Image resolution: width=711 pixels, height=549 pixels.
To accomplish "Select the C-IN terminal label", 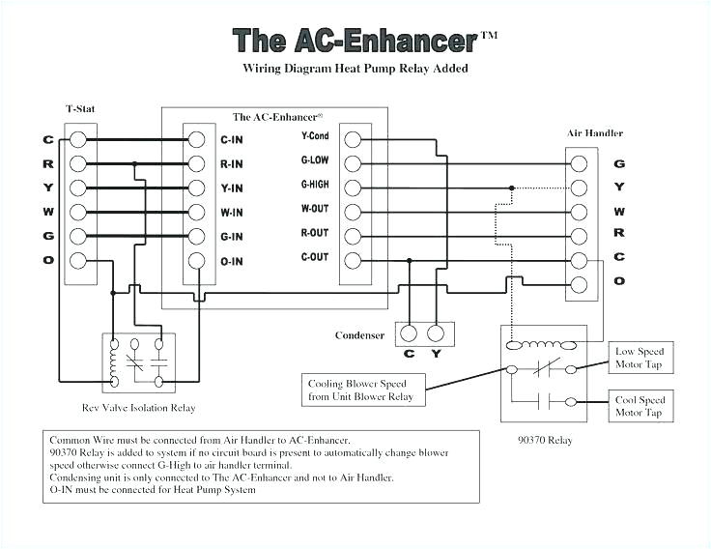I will click(231, 139).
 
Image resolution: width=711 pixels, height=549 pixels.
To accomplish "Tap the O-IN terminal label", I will click(231, 261).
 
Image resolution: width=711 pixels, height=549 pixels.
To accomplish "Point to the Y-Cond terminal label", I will click(315, 137).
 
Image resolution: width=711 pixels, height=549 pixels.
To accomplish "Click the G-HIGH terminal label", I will click(315, 185).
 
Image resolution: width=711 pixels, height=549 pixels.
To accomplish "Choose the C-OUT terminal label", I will click(315, 257).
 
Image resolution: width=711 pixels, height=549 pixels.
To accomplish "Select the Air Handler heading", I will click(594, 132).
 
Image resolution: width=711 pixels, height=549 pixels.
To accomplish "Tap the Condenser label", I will click(360, 335).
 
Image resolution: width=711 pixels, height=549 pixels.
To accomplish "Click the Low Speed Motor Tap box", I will click(640, 358).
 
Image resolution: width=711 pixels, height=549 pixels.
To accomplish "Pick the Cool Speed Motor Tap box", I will click(640, 406).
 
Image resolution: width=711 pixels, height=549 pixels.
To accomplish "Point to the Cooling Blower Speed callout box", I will click(360, 390).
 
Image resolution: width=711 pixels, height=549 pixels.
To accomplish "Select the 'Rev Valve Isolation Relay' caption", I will click(139, 409).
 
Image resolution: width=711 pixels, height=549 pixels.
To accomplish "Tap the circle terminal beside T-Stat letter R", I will click(79, 163).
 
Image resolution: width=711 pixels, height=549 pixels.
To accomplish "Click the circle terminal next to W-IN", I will click(196, 212).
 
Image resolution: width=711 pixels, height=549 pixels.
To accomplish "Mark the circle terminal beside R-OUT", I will click(353, 235).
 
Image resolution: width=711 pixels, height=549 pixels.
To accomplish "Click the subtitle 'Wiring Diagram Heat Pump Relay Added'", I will click(355, 69).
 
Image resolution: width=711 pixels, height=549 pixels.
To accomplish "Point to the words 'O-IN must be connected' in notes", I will click(102, 490).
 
